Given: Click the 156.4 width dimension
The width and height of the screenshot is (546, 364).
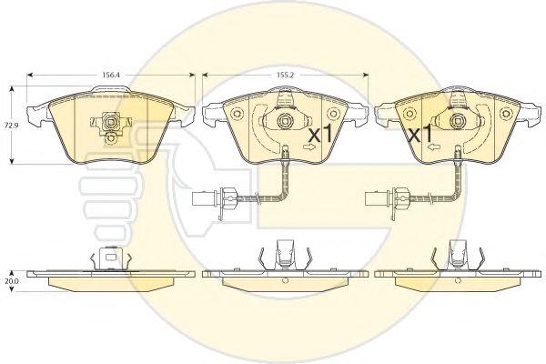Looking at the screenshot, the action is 111,75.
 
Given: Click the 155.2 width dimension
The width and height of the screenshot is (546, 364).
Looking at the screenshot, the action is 286,75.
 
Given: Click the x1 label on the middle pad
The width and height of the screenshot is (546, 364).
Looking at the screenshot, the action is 320,134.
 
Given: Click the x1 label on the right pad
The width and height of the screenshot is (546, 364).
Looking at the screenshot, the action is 420,134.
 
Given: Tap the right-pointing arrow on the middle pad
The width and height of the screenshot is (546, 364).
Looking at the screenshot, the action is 308,147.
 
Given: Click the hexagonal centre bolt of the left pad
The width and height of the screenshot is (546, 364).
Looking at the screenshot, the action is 111,122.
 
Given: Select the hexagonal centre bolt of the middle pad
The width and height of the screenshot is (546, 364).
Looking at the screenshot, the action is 285,120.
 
